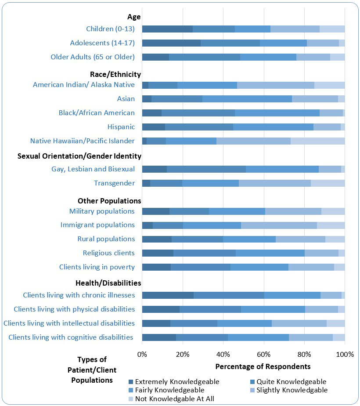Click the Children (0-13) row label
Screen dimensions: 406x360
(x=110, y=29)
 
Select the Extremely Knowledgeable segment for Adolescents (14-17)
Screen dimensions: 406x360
(x=171, y=43)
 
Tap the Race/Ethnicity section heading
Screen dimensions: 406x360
(x=113, y=74)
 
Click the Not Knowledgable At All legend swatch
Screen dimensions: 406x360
(x=131, y=399)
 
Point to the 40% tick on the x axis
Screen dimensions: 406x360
(x=223, y=354)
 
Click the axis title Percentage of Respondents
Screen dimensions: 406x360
(x=263, y=366)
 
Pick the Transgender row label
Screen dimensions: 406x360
(x=114, y=183)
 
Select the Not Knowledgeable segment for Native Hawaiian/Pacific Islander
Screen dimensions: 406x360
(x=317, y=141)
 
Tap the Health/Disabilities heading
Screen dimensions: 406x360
(x=108, y=283)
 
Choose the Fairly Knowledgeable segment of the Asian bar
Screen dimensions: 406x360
(x=247, y=99)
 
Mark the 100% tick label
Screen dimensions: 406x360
(x=345, y=354)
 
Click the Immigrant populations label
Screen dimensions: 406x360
(x=97, y=225)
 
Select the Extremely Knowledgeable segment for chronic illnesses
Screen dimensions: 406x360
(x=168, y=295)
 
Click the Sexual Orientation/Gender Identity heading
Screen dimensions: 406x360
(x=79, y=156)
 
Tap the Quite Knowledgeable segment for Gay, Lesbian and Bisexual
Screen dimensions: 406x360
(x=206, y=169)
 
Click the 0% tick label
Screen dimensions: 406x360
(x=142, y=354)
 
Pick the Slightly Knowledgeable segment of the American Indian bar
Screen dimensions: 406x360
(x=275, y=85)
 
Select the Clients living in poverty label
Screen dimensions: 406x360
(x=97, y=267)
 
